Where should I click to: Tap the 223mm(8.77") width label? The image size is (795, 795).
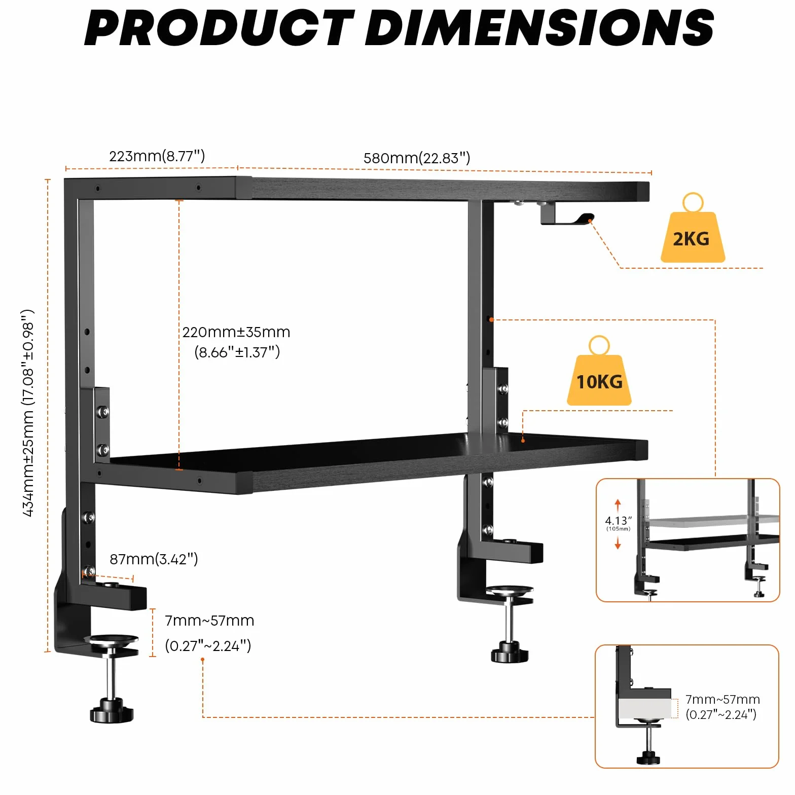(157, 156)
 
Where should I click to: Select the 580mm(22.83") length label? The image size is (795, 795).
(417, 158)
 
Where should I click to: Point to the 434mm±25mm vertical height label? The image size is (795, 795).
(28, 413)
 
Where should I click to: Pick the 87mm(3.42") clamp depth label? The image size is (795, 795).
(154, 559)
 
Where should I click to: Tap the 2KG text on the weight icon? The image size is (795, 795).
(691, 239)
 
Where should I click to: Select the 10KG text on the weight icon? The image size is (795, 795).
(599, 382)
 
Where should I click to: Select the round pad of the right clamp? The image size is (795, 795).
(510, 590)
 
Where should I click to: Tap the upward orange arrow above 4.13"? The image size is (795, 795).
(618, 505)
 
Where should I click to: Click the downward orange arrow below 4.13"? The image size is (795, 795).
(618, 543)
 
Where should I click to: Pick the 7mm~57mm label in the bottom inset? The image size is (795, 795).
(722, 707)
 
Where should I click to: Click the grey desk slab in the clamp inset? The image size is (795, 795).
(645, 708)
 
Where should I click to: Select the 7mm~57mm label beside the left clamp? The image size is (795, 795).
(209, 633)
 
